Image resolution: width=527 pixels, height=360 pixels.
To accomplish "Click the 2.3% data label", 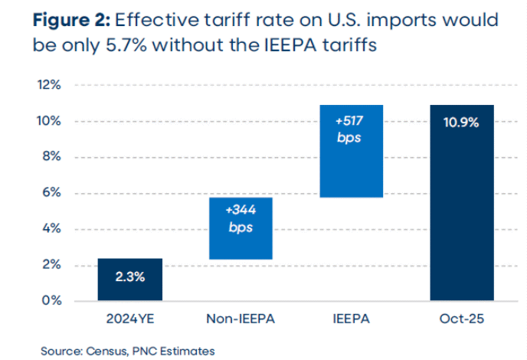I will (129, 277).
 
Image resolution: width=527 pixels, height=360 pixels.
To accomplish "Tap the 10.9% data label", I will (461, 122).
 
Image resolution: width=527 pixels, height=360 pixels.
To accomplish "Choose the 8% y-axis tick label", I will (52, 156).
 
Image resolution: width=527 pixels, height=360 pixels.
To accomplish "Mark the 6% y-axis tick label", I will (52, 192).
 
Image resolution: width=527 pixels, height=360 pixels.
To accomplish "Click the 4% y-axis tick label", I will (52, 228).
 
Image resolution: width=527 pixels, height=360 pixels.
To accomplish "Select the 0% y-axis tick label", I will (52, 300).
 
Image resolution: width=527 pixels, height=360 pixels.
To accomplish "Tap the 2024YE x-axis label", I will (129, 317).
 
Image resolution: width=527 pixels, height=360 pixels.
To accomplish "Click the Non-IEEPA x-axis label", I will (241, 317).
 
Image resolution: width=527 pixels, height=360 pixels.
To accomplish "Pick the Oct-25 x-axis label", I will (461, 317).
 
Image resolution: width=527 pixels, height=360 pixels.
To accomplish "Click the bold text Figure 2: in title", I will (70, 21).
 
